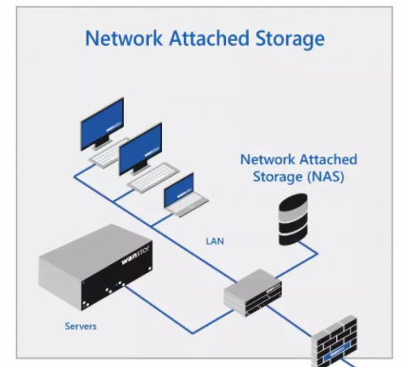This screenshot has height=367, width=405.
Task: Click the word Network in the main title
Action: tap(124, 38)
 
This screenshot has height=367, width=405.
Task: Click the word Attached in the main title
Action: tap(209, 38)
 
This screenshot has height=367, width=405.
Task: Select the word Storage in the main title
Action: tap(290, 40)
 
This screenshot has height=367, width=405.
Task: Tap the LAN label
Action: tap(215, 241)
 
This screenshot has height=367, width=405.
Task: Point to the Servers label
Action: tap(81, 326)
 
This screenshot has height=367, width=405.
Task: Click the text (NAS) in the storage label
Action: tap(326, 176)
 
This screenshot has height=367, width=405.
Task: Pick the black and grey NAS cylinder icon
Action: tap(293, 219)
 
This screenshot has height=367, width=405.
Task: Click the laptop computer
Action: tap(186, 196)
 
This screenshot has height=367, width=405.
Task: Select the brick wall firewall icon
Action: tap(334, 342)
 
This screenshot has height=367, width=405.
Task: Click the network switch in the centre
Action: tap(253, 293)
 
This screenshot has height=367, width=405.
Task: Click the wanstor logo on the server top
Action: tap(137, 255)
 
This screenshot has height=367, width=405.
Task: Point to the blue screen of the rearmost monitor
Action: tap(102, 124)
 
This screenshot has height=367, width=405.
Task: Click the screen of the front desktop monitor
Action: tap(140, 149)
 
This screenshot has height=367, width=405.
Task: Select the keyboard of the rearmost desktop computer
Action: tap(107, 155)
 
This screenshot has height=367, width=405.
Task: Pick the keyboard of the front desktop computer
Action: tap(153, 177)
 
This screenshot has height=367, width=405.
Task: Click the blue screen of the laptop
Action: tap(179, 191)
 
